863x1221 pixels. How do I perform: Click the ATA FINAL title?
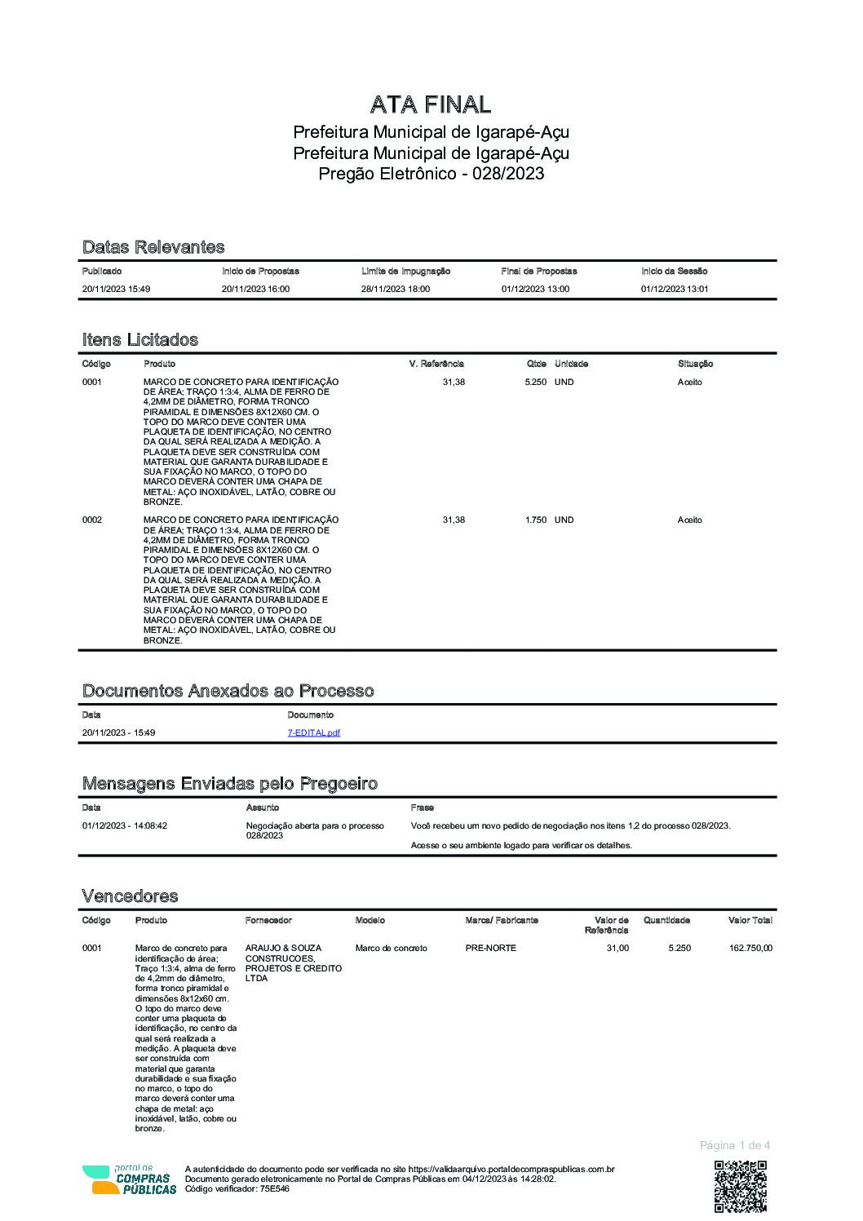pyautogui.click(x=431, y=104)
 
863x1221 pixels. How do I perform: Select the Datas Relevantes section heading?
pyautogui.click(x=153, y=247)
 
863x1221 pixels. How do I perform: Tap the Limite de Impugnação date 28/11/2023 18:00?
pyautogui.click(x=396, y=289)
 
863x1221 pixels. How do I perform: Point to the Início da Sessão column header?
pyautogui.click(x=674, y=271)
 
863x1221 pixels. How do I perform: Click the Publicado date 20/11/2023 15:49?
pyautogui.click(x=116, y=289)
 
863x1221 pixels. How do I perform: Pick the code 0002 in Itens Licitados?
pyautogui.click(x=92, y=520)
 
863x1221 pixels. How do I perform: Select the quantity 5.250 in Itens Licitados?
pyautogui.click(x=535, y=382)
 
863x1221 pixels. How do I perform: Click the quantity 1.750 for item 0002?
pyautogui.click(x=535, y=520)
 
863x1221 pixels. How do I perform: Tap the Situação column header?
pyautogui.click(x=695, y=364)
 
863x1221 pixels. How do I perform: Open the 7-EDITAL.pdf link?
pyautogui.click(x=313, y=732)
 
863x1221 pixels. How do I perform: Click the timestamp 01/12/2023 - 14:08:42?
pyautogui.click(x=124, y=825)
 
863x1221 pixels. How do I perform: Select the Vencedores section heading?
pyautogui.click(x=130, y=896)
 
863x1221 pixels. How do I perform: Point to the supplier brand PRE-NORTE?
pyautogui.click(x=490, y=948)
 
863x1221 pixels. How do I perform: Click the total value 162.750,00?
pyautogui.click(x=750, y=948)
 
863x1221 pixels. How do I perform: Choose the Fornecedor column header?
pyautogui.click(x=268, y=920)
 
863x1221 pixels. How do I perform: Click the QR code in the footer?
pyautogui.click(x=741, y=1187)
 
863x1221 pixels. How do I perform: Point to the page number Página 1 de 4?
pyautogui.click(x=734, y=1145)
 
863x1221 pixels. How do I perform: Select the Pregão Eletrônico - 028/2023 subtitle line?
pyautogui.click(x=431, y=174)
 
